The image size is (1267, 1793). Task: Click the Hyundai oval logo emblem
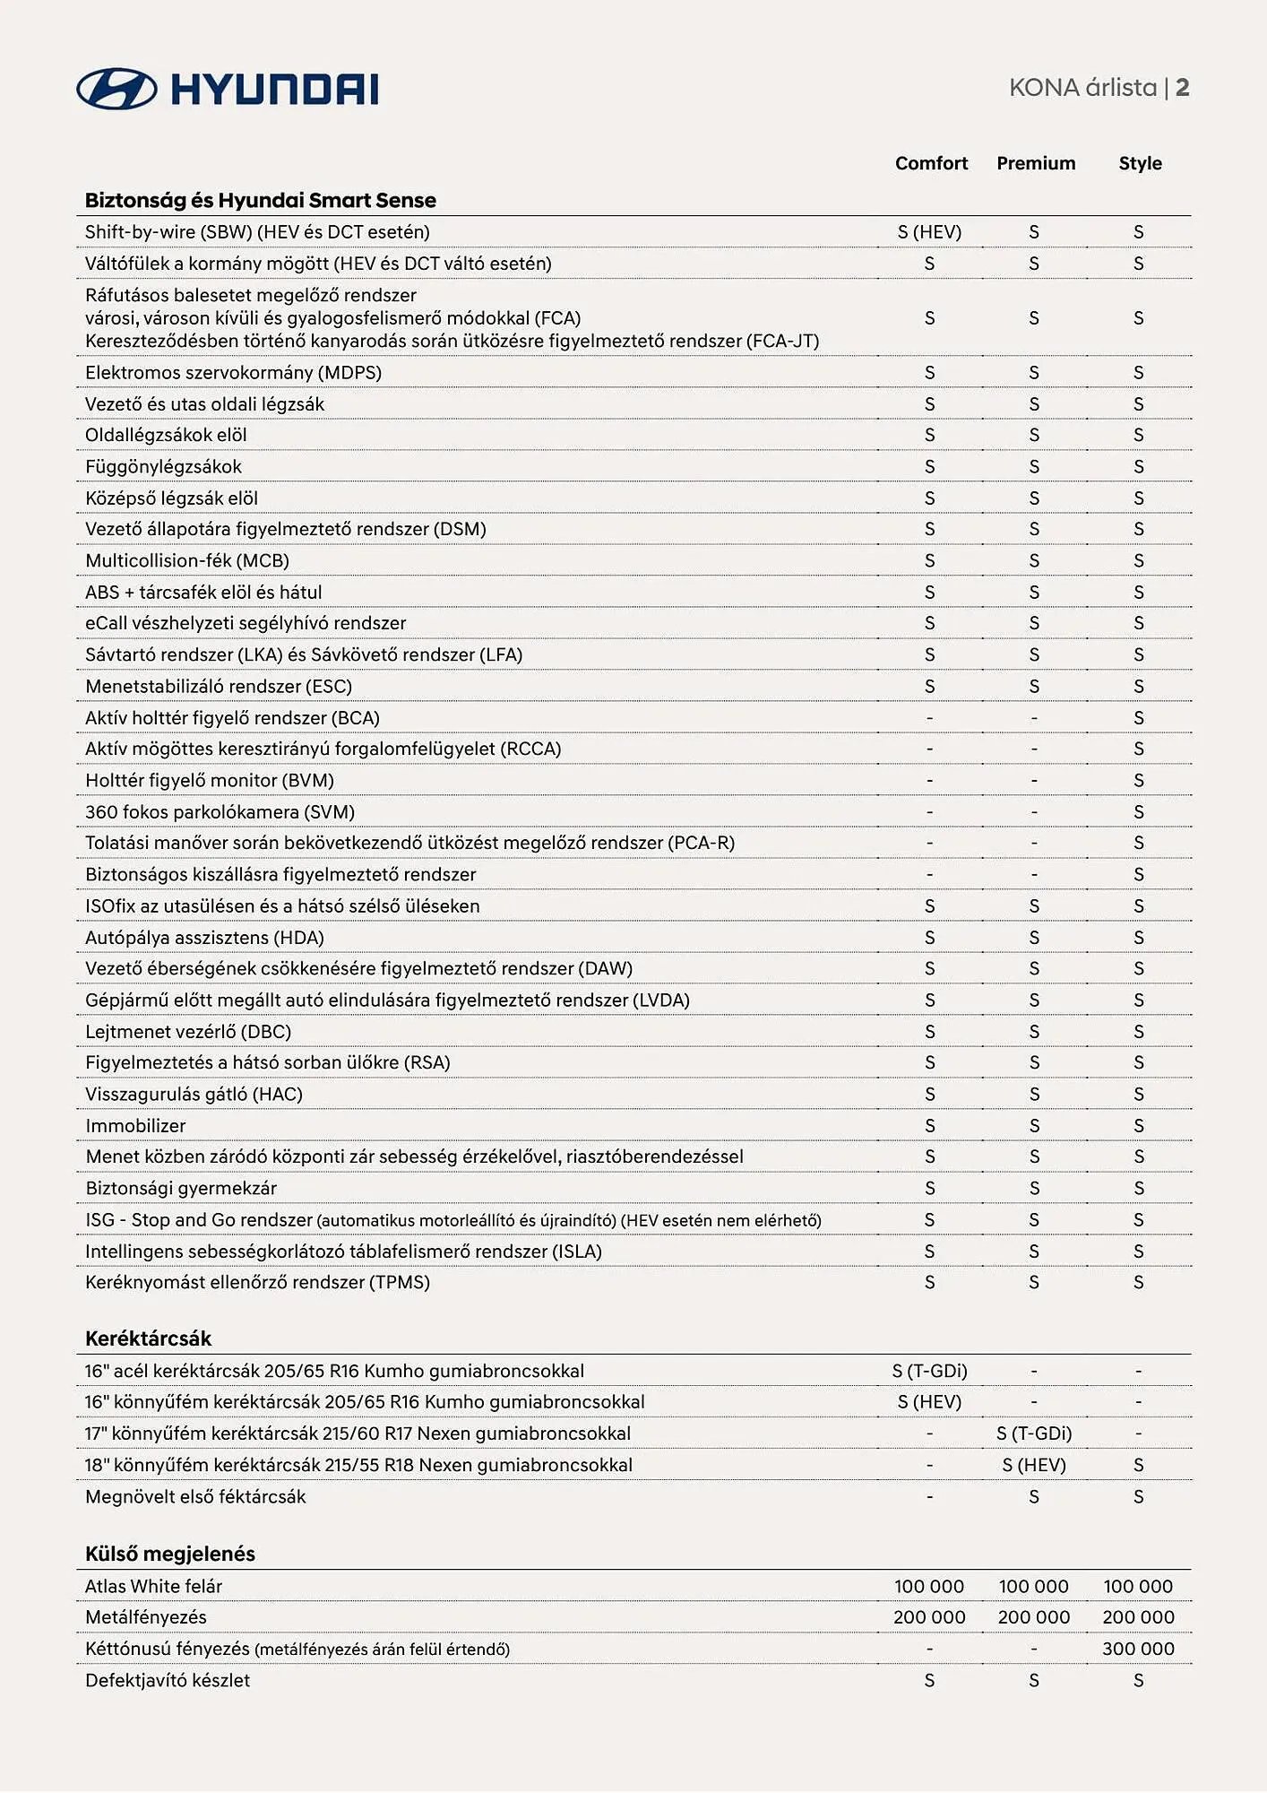[x=116, y=89]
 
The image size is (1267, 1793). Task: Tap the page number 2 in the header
[x=1183, y=88]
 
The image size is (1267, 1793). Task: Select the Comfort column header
[x=931, y=163]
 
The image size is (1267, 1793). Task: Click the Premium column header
[x=1036, y=163]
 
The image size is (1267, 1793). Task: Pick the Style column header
[x=1140, y=163]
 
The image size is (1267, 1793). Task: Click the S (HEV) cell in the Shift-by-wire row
[x=929, y=232]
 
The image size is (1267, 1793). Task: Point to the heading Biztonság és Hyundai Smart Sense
[x=260, y=200]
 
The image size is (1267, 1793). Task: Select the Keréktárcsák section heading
[x=148, y=1338]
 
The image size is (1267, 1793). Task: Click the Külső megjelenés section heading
[x=170, y=1554]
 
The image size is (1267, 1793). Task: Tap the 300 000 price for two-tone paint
[x=1138, y=1649]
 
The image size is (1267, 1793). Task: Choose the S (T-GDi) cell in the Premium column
[x=1034, y=1434]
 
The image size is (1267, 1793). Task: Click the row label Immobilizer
[x=135, y=1126]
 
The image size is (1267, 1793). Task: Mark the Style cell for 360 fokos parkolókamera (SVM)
[x=1139, y=812]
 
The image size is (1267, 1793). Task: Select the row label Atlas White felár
[x=153, y=1586]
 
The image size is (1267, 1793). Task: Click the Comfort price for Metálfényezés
[x=929, y=1617]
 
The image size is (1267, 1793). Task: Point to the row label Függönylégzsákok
[x=163, y=467]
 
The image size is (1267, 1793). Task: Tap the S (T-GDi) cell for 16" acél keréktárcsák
[x=929, y=1371]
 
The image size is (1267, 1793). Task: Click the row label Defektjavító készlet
[x=168, y=1680]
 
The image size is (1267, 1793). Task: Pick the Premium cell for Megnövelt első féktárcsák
[x=1034, y=1496]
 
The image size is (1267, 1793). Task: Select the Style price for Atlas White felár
[x=1138, y=1586]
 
